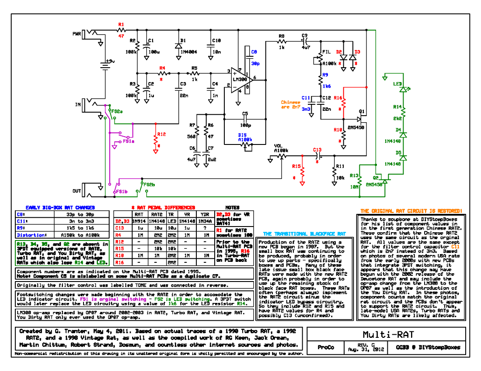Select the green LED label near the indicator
coord(397,84)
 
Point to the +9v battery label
coord(110,61)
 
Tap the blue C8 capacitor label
coord(254,52)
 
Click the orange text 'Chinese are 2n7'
coord(291,105)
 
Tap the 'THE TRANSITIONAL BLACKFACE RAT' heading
coord(304,234)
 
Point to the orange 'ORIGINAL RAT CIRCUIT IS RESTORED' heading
coord(411,210)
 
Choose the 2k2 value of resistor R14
coord(397,118)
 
